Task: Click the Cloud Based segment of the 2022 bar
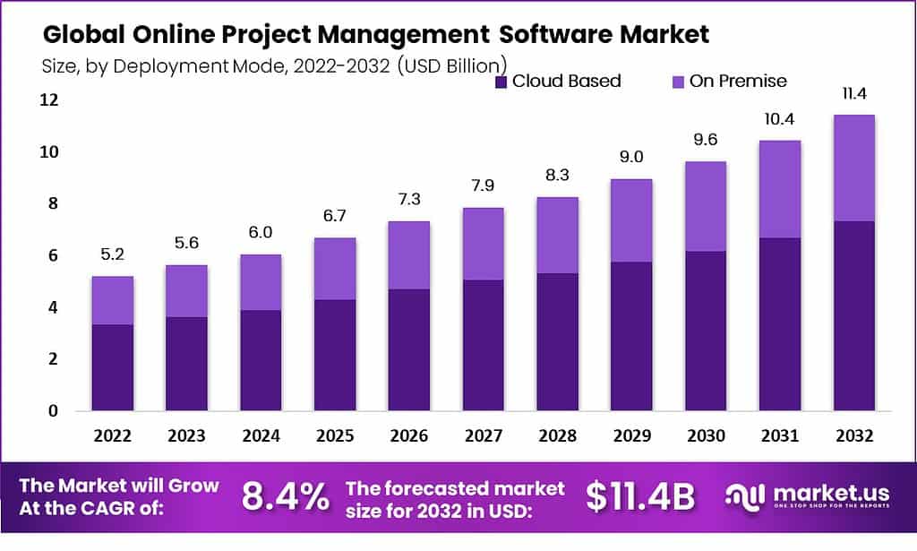[113, 367]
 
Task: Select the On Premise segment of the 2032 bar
[853, 168]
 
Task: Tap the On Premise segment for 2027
[483, 244]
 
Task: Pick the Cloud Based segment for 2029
[631, 336]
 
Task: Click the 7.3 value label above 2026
[408, 198]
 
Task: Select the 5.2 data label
[113, 254]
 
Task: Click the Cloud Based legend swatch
[501, 82]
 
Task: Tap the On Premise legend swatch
[677, 82]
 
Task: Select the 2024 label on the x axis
[261, 436]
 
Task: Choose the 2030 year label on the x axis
[706, 436]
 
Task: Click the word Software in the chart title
[551, 35]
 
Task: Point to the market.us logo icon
[744, 497]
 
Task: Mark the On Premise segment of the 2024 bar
[261, 282]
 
